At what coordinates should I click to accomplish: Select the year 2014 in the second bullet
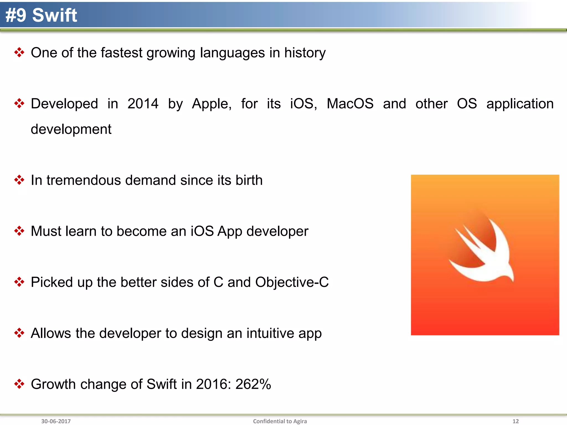pos(143,104)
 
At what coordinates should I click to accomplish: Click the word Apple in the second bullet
pos(212,104)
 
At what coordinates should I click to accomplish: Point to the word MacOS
pos(350,104)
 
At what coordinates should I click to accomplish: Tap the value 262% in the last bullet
pos(253,384)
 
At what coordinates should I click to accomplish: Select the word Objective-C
pos(292,282)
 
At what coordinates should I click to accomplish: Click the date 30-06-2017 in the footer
pos(56,421)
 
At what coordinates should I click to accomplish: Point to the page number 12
pos(516,421)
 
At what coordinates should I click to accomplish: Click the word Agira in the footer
pos(300,421)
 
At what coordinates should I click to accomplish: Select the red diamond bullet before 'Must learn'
pos(19,231)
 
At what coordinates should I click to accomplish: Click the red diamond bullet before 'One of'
pos(19,52)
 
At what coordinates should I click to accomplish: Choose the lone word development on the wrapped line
pos(71,129)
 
